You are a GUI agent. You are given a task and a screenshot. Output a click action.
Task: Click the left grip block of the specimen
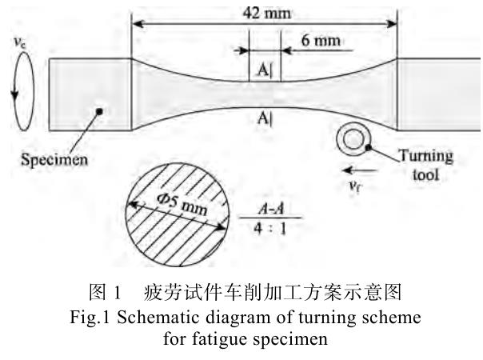90,94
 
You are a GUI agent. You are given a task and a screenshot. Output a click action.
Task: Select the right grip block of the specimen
438,94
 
